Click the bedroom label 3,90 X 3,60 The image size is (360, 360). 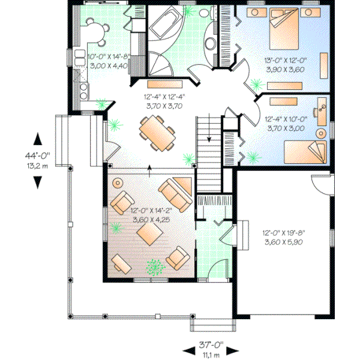[285, 69]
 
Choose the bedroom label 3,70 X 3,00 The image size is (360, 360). [285, 128]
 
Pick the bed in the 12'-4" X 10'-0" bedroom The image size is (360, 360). [306, 150]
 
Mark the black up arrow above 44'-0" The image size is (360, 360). [38, 140]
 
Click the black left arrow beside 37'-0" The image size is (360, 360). [187, 350]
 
